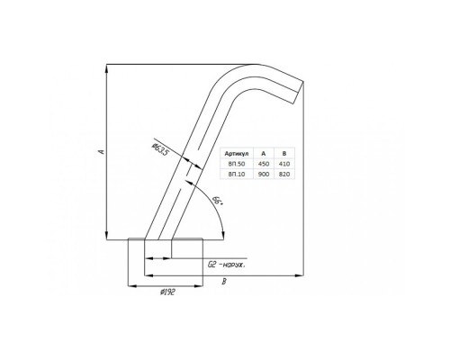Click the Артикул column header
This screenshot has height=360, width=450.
tap(237, 154)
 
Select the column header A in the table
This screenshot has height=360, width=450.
tap(264, 154)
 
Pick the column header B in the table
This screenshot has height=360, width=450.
tap(284, 154)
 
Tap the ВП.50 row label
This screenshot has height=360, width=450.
tap(237, 164)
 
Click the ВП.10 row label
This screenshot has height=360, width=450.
tap(237, 174)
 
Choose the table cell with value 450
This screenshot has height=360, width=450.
tap(264, 164)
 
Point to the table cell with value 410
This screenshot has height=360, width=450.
tap(284, 164)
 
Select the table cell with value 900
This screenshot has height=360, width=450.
tap(264, 174)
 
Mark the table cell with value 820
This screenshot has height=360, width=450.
tap(284, 174)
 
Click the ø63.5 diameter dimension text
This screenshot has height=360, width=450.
tap(160, 150)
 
